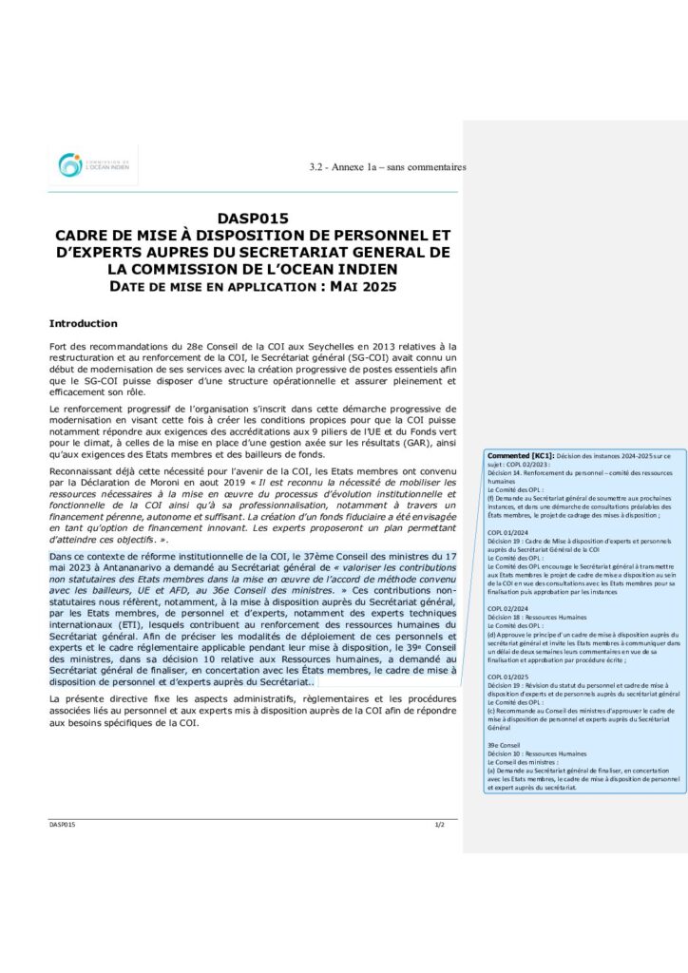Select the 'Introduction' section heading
click(x=84, y=323)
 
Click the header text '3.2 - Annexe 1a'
click(x=347, y=167)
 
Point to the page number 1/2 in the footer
click(x=440, y=825)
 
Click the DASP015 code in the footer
click(x=63, y=825)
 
